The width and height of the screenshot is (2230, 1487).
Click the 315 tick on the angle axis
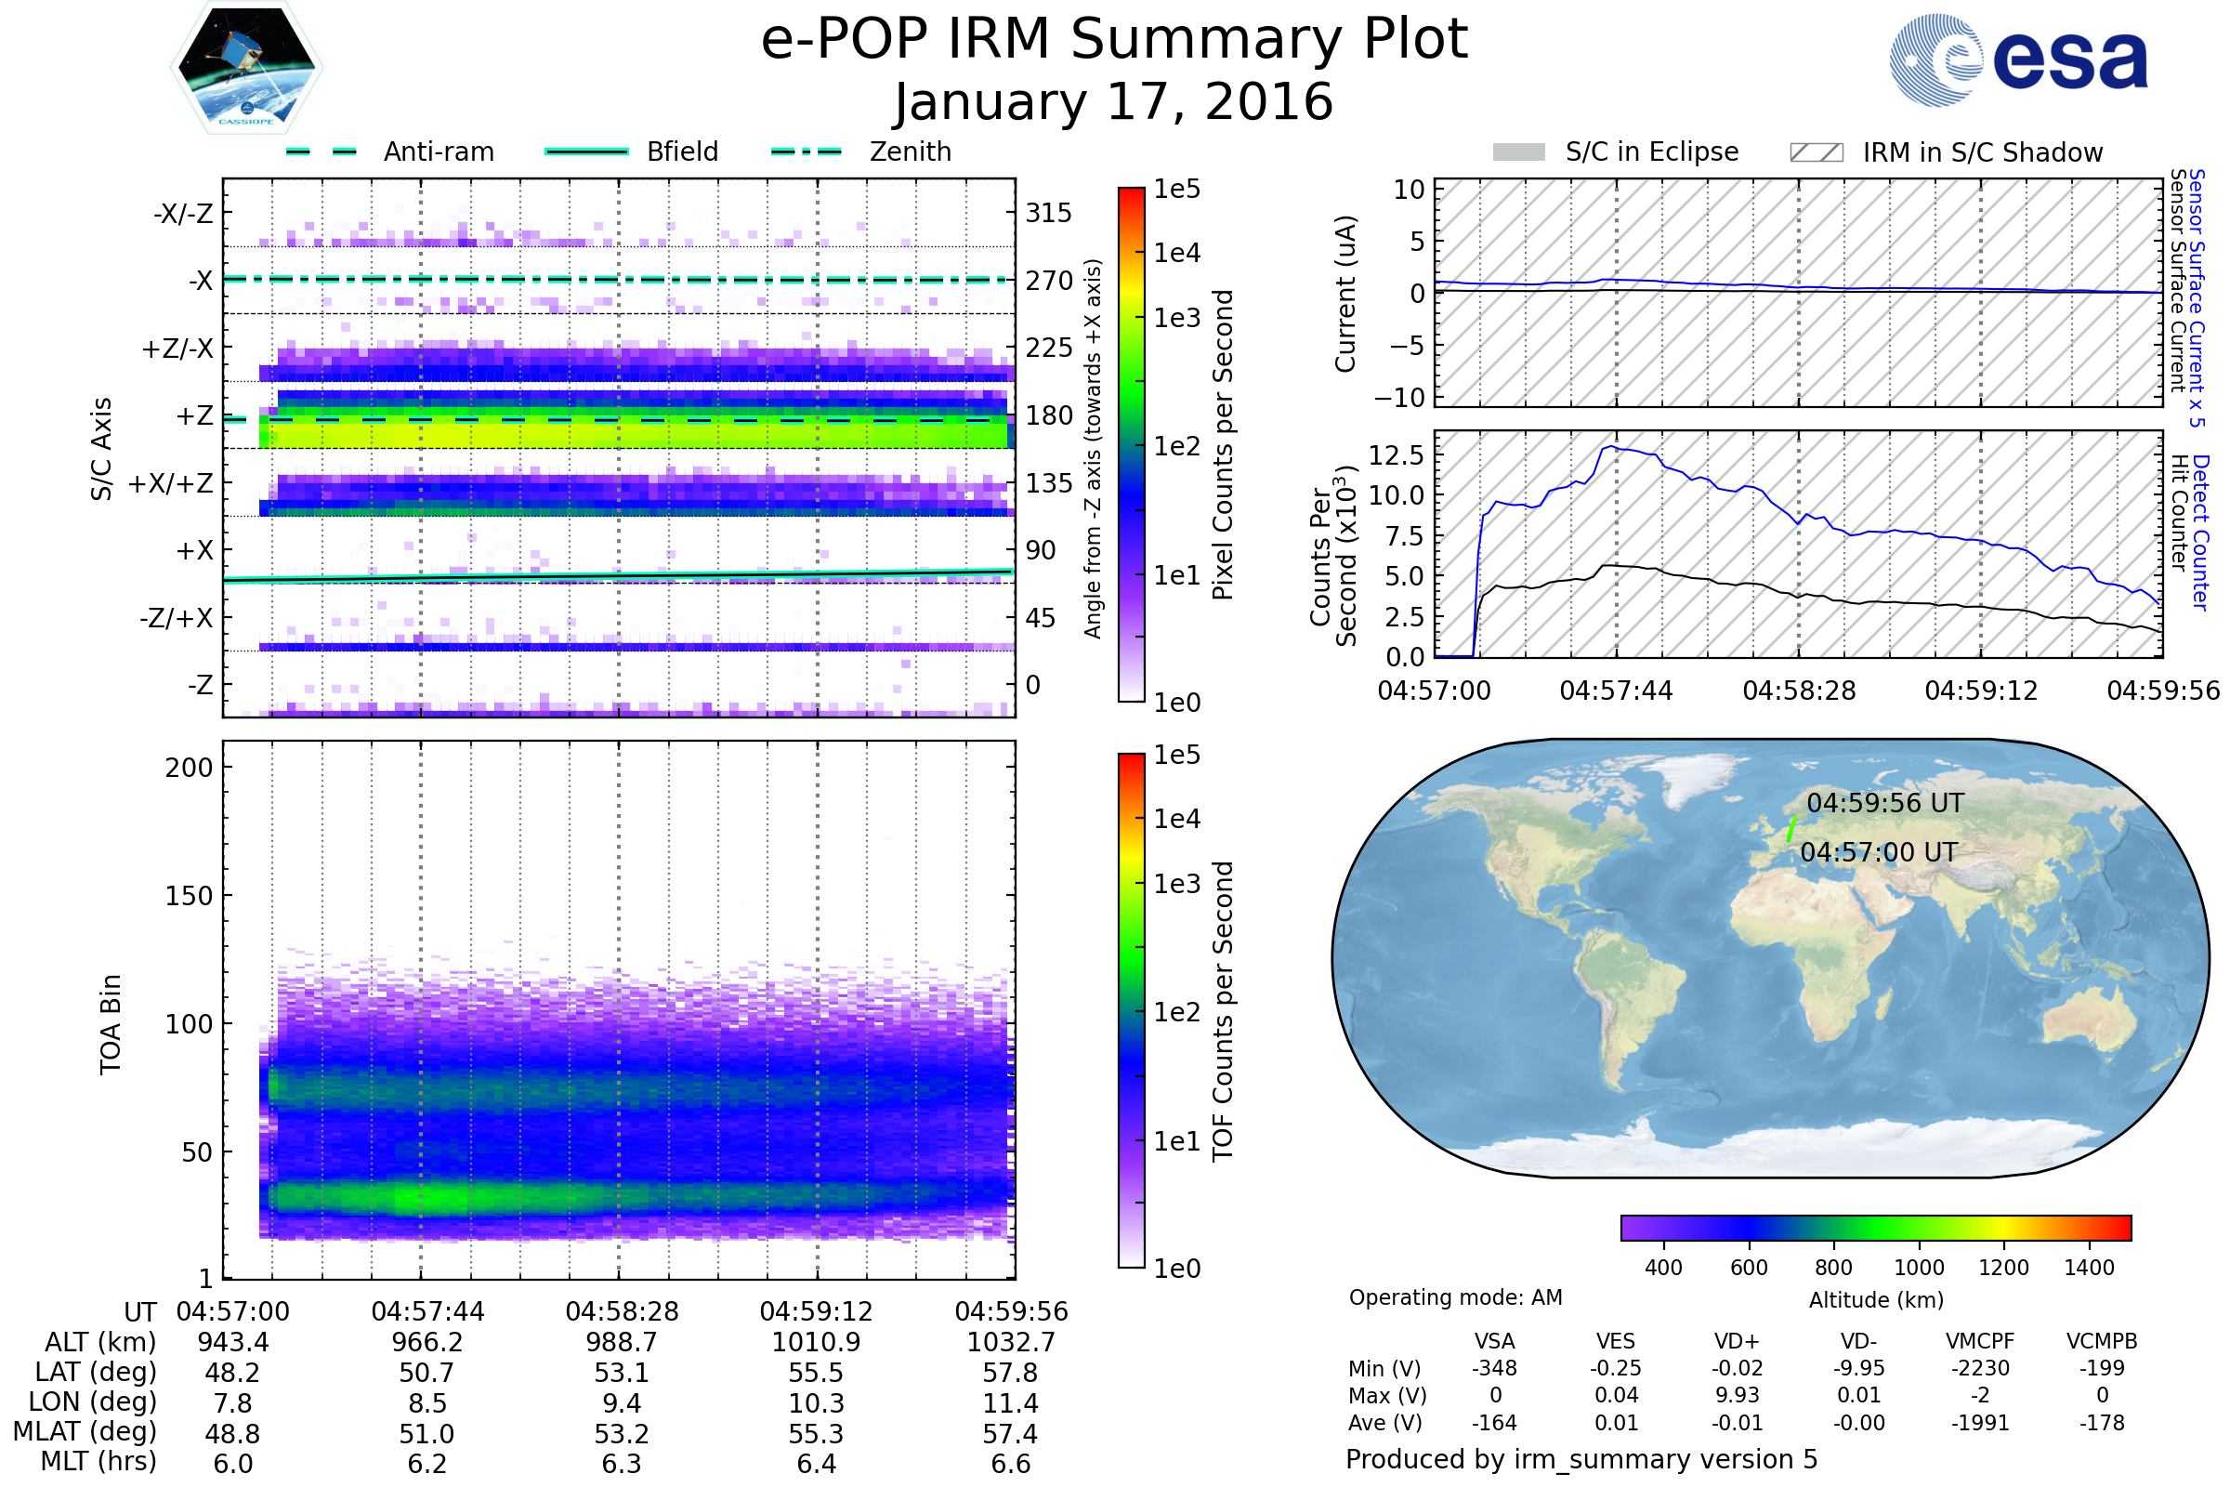tap(1048, 214)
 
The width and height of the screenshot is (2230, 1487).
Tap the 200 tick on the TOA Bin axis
tap(189, 768)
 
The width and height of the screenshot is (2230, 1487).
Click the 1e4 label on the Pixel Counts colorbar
tap(1176, 253)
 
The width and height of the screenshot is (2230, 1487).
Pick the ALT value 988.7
tap(622, 1342)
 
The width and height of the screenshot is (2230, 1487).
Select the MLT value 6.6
tap(1011, 1463)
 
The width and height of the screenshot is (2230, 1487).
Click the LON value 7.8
tap(232, 1402)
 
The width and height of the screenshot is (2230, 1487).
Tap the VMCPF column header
tap(1980, 1341)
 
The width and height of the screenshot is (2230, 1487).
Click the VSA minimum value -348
tap(1494, 1368)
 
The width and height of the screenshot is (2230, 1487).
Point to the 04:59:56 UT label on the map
tap(1885, 803)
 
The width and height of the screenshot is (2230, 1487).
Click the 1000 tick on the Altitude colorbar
tap(1919, 1267)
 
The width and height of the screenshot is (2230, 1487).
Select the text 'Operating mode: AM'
tap(1455, 1297)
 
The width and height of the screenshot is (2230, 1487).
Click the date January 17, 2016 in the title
tap(1114, 102)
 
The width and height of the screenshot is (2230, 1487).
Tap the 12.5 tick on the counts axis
tap(1397, 455)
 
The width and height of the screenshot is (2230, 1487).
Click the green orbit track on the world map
tap(1791, 828)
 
